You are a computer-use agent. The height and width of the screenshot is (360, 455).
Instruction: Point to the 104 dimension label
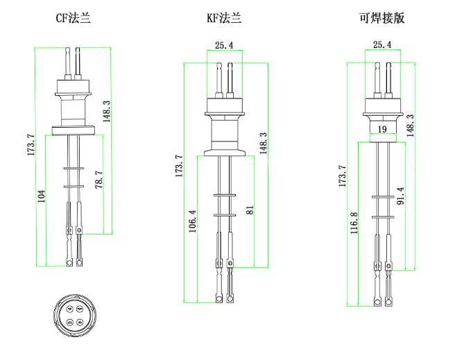coord(42,196)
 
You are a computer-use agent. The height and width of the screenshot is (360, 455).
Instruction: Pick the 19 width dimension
coord(382,130)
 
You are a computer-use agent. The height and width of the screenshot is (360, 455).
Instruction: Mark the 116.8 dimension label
coord(354,224)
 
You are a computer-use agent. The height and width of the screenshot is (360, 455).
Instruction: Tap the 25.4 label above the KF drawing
coord(224,46)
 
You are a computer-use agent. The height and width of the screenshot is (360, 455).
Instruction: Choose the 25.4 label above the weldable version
coord(382,45)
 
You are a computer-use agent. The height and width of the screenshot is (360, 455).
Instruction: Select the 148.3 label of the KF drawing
coord(263,144)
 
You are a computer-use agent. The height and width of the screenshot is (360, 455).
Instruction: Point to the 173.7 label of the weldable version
coord(341,175)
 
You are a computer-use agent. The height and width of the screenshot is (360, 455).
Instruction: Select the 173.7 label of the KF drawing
coord(179,166)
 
